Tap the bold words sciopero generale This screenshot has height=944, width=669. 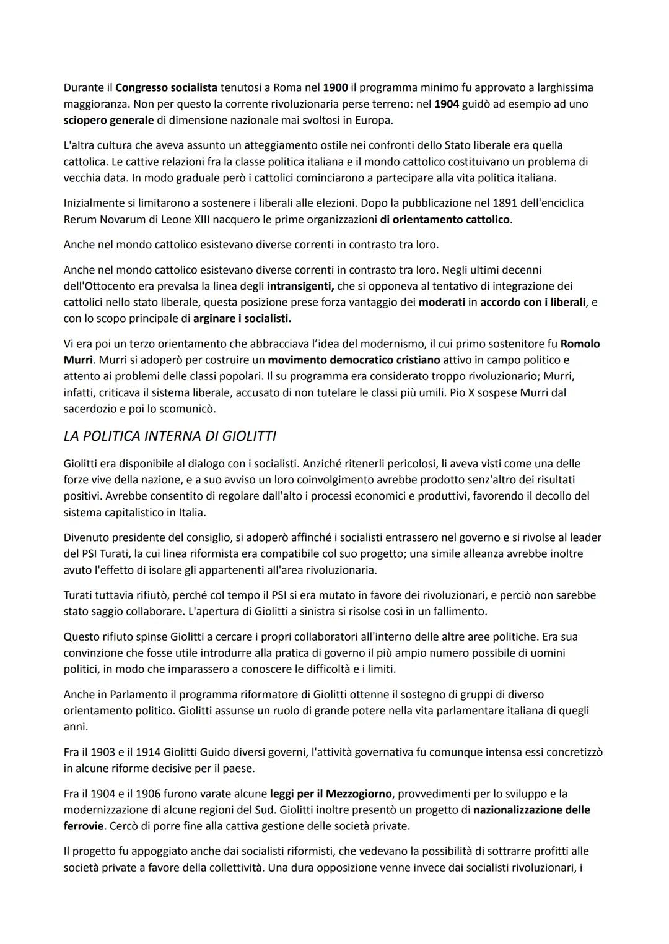[x=108, y=120]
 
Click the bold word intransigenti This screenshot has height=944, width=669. [x=300, y=286]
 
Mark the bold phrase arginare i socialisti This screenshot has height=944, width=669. [x=242, y=319]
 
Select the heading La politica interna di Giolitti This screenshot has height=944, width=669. [x=170, y=436]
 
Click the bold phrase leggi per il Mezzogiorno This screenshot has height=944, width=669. [x=331, y=794]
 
